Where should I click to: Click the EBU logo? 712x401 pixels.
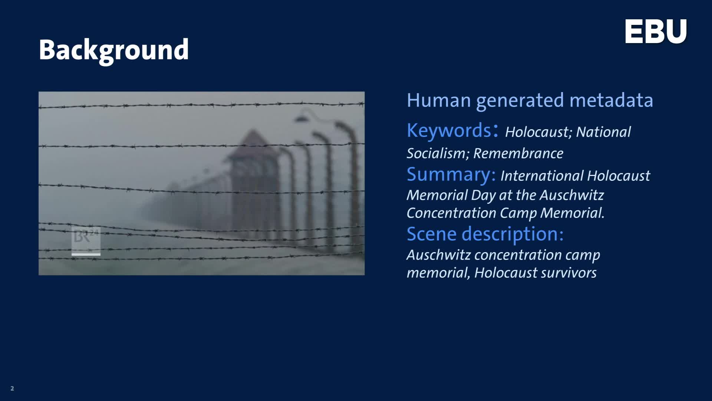[x=656, y=32]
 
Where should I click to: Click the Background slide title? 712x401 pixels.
[x=114, y=50]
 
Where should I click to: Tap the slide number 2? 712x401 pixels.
[x=12, y=388]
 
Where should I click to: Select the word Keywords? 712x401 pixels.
[x=449, y=130]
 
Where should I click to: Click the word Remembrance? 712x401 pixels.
[x=518, y=153]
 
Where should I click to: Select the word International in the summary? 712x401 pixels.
[x=541, y=176]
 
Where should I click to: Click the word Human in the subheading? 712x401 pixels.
[x=439, y=100]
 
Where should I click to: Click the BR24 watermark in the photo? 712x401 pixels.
[x=86, y=241]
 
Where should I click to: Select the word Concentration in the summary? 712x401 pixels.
[x=451, y=213]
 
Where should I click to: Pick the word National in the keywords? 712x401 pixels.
[x=603, y=132]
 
